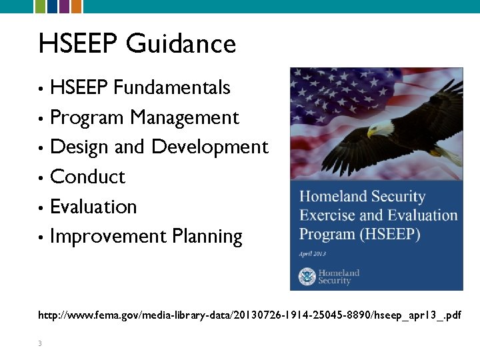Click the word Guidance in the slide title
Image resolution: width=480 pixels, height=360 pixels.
coord(181,44)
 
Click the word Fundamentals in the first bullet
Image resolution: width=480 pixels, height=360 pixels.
coord(172,87)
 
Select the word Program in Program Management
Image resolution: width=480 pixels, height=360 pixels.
coord(87,118)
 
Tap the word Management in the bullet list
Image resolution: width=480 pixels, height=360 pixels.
coord(185,118)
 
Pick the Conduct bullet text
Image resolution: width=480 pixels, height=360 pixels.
coord(87,177)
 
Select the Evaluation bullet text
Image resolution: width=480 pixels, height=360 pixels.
coord(93,207)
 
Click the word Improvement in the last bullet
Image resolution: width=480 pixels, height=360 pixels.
coord(108,237)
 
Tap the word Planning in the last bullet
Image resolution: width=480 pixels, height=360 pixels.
coord(207,237)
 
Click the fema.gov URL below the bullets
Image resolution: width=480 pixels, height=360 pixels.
coord(249,313)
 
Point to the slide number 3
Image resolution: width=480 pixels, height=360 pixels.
coord(40,343)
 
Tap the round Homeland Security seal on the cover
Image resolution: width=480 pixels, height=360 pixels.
coord(307,276)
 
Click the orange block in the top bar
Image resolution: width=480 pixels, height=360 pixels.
coord(77,7)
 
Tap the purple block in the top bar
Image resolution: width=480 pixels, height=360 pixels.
coord(64,7)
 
